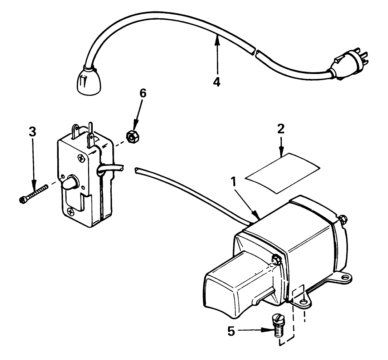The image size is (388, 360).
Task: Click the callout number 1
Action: pyautogui.click(x=233, y=183)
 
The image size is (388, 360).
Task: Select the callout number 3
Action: pyautogui.click(x=33, y=132)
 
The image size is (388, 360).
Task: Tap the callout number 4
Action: pyautogui.click(x=217, y=82)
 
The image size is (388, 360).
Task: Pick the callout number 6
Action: pyautogui.click(x=142, y=93)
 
